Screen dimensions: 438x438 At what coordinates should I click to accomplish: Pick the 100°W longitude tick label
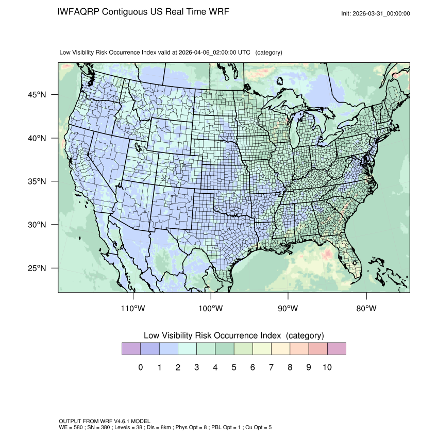pyautogui.click(x=211, y=309)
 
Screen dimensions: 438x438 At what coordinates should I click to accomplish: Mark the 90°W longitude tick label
pyautogui.click(x=289, y=309)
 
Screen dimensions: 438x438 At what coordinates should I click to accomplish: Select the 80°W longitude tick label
pyautogui.click(x=366, y=309)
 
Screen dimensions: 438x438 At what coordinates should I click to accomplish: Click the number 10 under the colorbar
pyautogui.click(x=327, y=367)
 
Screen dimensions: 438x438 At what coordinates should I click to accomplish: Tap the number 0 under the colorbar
pyautogui.click(x=141, y=367)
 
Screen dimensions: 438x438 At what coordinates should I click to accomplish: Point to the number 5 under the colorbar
pyautogui.click(x=234, y=367)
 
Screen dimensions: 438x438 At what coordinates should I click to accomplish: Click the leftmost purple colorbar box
pyautogui.click(x=131, y=349)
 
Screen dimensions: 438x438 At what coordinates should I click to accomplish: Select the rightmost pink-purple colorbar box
pyautogui.click(x=336, y=349)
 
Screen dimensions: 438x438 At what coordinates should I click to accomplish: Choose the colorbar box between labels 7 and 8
pyautogui.click(x=280, y=349)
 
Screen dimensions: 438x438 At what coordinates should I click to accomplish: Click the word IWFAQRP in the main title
pyautogui.click(x=79, y=11)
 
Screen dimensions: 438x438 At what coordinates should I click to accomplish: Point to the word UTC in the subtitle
pyautogui.click(x=245, y=53)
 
